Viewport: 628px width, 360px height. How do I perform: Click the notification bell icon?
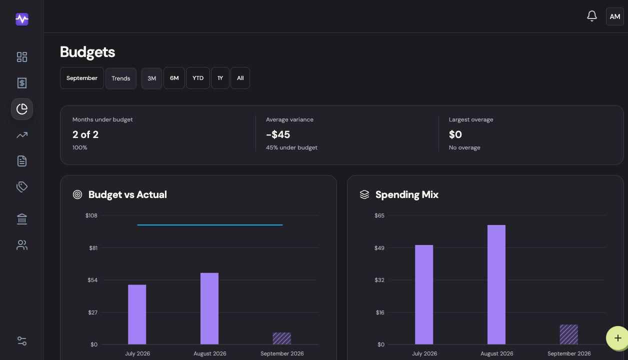pos(592,16)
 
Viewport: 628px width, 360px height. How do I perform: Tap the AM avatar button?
pos(615,16)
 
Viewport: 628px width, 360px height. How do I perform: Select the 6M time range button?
pos(174,78)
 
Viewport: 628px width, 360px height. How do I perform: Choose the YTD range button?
pos(198,78)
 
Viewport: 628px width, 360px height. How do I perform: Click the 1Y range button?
pos(220,78)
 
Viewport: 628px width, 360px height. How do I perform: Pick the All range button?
pos(240,78)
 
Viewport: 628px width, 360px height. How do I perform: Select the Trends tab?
pos(121,78)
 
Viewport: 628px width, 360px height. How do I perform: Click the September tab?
pos(82,78)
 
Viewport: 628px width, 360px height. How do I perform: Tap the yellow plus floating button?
pos(617,338)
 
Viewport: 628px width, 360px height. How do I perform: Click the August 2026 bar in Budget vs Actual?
pos(209,308)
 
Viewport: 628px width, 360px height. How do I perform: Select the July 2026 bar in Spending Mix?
pos(424,294)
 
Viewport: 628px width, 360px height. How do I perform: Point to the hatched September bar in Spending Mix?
pos(569,334)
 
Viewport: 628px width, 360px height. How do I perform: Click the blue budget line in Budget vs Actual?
pos(210,225)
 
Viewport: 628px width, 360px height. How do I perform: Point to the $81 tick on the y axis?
pos(93,248)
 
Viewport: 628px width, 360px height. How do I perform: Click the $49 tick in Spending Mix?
pos(379,248)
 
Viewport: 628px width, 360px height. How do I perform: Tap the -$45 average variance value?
pos(278,134)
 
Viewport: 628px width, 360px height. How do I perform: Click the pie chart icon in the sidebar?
pos(22,109)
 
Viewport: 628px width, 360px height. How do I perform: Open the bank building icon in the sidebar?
pos(22,219)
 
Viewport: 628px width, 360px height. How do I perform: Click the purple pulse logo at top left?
pos(22,19)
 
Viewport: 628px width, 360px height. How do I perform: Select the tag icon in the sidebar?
pos(22,186)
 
